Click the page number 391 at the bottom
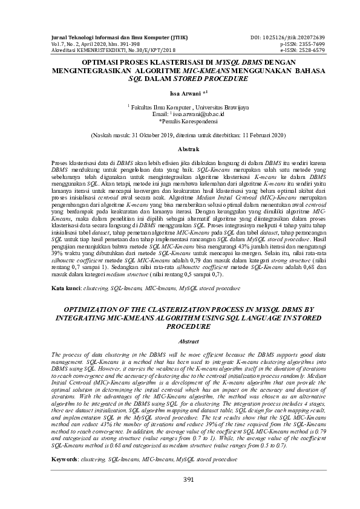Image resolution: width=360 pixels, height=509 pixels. [180, 479]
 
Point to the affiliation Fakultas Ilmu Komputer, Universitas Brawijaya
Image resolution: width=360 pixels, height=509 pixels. [180, 107]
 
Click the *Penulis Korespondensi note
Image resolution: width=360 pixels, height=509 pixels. [180, 120]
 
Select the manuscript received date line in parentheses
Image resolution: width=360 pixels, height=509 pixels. [180, 135]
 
